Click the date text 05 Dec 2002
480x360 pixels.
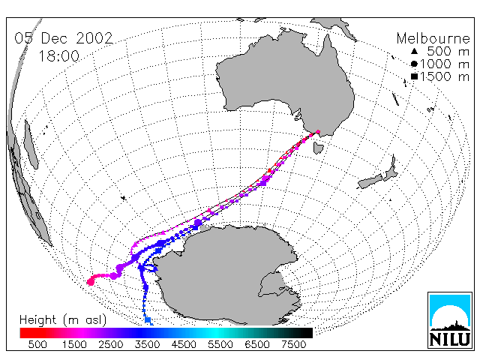(x=64, y=38)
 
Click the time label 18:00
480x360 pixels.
(x=58, y=56)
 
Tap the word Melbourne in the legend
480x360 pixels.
(x=433, y=38)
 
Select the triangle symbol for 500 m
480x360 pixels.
(x=414, y=51)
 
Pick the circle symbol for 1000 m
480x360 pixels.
(x=414, y=64)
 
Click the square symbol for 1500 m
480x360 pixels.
(x=414, y=76)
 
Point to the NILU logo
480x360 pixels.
(x=450, y=320)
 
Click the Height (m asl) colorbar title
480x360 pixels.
(x=63, y=320)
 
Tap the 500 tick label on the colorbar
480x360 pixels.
(x=37, y=345)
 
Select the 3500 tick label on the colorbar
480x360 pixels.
(x=147, y=345)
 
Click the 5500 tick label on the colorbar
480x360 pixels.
(x=220, y=345)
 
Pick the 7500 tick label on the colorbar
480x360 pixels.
(x=293, y=345)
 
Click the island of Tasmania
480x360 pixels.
(x=318, y=147)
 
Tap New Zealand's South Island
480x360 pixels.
(x=370, y=181)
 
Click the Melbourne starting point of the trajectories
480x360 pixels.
(x=318, y=132)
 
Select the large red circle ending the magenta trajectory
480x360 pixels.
(x=90, y=282)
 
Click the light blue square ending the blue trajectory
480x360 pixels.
(x=148, y=320)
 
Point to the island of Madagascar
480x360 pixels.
(x=31, y=145)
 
